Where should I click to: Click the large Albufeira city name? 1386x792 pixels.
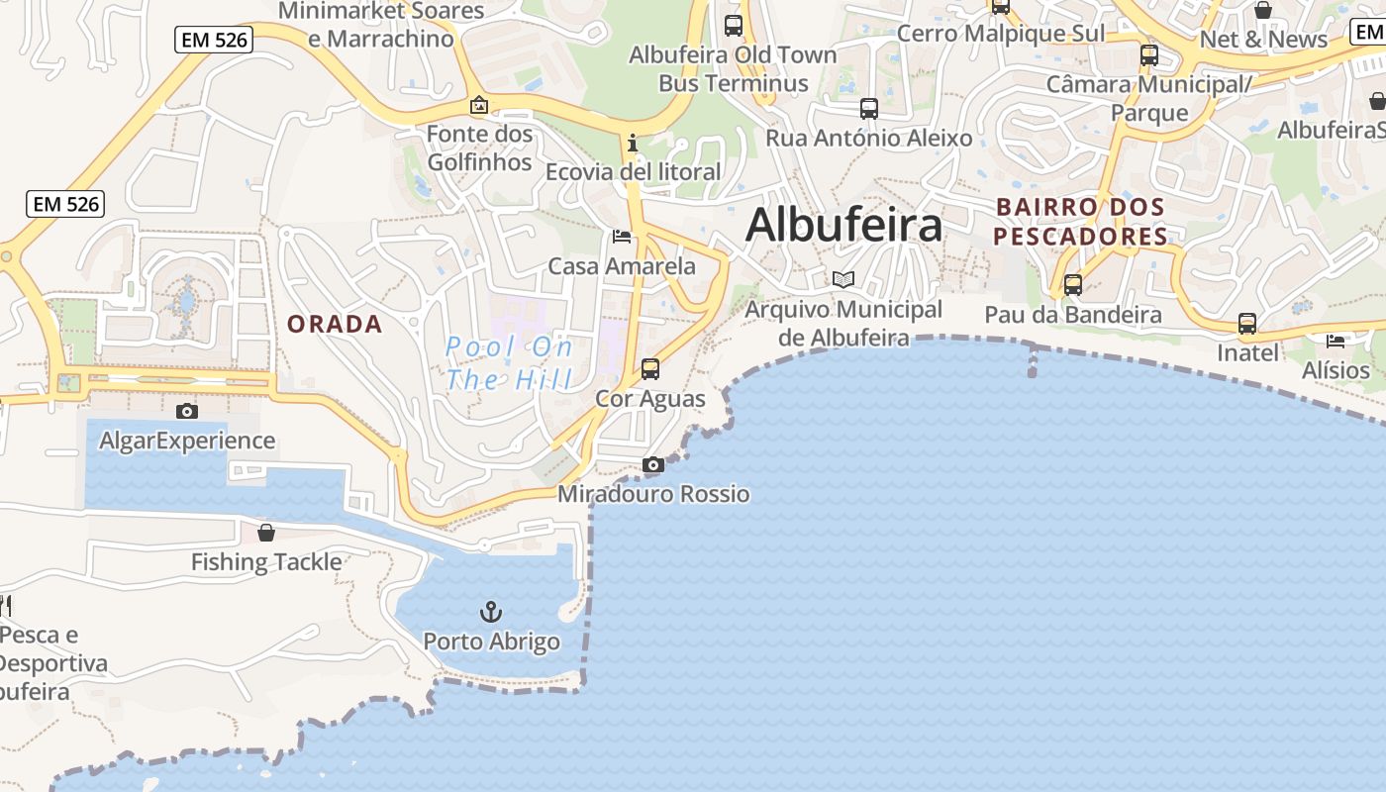[x=843, y=225]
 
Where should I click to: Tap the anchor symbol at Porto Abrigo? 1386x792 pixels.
[x=491, y=612]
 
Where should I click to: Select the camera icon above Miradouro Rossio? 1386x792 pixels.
[x=653, y=464]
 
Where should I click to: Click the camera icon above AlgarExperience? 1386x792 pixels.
[x=186, y=411]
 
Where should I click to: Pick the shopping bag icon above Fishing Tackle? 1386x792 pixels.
[x=266, y=533]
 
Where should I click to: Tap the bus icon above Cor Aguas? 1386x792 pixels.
[x=650, y=369]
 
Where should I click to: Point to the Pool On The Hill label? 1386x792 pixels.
[x=509, y=362]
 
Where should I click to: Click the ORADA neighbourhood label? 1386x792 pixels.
[x=335, y=324]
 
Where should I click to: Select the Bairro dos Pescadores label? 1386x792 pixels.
[x=1081, y=222]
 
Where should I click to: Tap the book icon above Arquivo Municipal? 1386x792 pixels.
[x=843, y=280]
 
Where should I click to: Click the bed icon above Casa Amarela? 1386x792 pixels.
[x=622, y=236]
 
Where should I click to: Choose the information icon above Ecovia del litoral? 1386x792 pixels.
[x=633, y=144]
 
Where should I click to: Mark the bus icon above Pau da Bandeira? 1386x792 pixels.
[x=1072, y=285]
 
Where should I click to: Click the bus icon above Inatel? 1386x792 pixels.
[x=1247, y=324]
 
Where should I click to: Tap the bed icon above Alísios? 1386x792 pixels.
[x=1336, y=342]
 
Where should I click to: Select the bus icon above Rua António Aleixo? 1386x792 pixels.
[x=869, y=109]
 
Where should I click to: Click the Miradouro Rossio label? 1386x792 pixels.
[x=653, y=494]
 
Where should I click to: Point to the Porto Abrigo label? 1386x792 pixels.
[x=492, y=642]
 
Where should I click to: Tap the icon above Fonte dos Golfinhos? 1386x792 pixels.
[x=479, y=105]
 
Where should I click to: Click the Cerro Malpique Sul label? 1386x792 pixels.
[x=1000, y=34]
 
